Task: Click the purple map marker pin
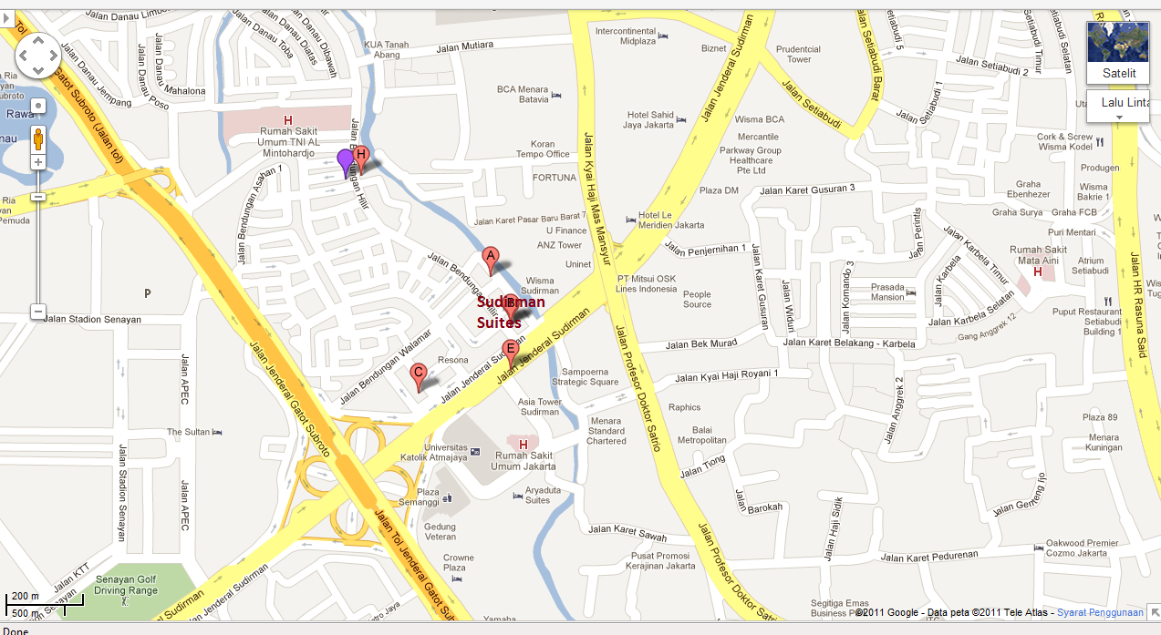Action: (x=345, y=161)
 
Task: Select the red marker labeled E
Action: (x=511, y=350)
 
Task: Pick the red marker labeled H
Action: (x=361, y=157)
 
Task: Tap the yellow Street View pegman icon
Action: (x=38, y=138)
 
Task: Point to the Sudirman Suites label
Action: (x=511, y=312)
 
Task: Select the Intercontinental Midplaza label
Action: (x=626, y=36)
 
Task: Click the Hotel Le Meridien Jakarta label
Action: (x=670, y=220)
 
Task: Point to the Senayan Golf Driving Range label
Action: (x=127, y=584)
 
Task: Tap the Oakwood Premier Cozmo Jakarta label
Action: (x=1083, y=548)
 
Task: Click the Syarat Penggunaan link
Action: (x=1101, y=612)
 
